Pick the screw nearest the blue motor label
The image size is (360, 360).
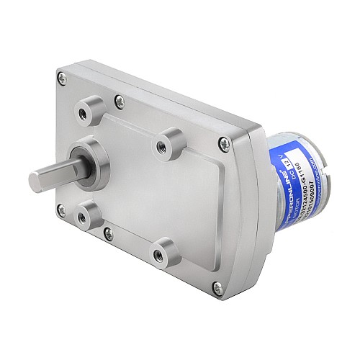click(x=229, y=141)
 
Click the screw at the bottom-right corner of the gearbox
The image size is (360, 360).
click(x=214, y=289)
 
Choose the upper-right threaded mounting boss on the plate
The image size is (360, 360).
click(x=170, y=139)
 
